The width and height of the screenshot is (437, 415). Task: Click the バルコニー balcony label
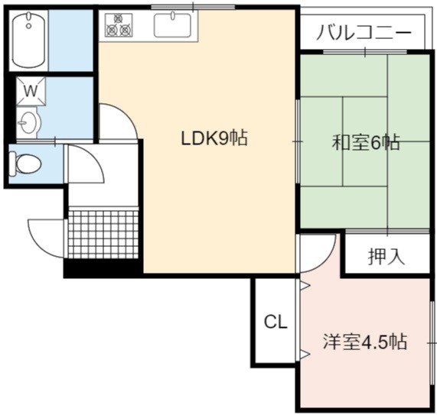tap(364, 33)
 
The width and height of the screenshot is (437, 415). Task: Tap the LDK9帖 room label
tap(214, 138)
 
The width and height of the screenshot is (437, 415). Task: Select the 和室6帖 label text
tap(366, 142)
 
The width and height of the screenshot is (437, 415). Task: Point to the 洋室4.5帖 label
tap(365, 341)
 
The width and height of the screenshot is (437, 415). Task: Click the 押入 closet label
tap(386, 256)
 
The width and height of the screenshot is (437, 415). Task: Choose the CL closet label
tap(276, 322)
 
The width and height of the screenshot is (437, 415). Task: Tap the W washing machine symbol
tap(31, 91)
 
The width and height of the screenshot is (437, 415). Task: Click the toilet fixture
tap(25, 164)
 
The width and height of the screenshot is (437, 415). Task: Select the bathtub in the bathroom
tap(29, 41)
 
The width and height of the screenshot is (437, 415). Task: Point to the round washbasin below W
tap(28, 123)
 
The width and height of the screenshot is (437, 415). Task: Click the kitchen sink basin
tap(172, 25)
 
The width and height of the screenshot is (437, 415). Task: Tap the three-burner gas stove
tap(119, 25)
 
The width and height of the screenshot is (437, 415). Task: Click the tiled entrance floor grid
tap(103, 235)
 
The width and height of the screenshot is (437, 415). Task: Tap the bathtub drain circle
tap(28, 26)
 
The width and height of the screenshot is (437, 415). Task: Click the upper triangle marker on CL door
tap(305, 286)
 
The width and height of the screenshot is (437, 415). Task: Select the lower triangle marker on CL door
tap(305, 354)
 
